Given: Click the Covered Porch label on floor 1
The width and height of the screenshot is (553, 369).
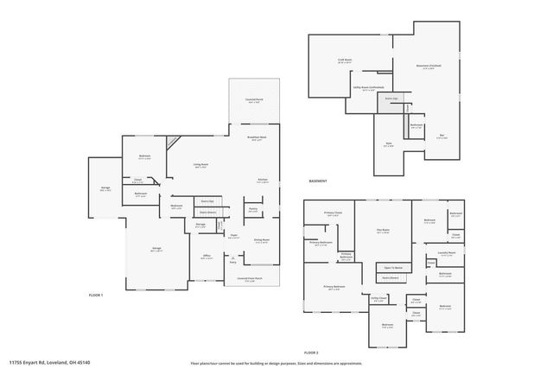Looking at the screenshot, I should [x=253, y=100].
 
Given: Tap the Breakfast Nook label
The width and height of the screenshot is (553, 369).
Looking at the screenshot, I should [x=257, y=138].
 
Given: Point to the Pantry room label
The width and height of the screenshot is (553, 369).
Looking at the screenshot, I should [x=254, y=208].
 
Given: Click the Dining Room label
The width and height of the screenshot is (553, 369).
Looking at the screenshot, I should [x=262, y=239].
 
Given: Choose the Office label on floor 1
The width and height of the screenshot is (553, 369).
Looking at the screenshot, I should [x=207, y=257].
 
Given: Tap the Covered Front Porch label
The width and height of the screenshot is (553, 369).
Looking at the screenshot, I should [x=251, y=278].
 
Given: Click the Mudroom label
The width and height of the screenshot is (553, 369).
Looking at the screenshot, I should [x=175, y=207].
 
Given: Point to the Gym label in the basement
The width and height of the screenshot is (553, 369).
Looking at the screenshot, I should [x=388, y=145].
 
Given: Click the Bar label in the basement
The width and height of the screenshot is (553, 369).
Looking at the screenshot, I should [x=442, y=137].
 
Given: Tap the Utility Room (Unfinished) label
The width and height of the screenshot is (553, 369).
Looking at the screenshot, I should [x=368, y=87].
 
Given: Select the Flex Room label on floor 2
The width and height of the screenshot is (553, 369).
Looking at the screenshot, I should [x=383, y=230].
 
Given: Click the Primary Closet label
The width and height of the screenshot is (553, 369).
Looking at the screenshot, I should [x=333, y=213].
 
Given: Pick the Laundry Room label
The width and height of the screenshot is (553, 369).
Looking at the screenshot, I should [x=447, y=252].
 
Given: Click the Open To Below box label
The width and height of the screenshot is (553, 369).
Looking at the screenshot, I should [x=393, y=267].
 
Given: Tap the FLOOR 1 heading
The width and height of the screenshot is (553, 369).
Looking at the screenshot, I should [x=96, y=296].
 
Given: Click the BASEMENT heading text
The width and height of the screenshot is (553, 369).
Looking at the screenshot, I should [x=318, y=181].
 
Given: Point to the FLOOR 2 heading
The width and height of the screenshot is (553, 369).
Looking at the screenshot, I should [x=311, y=353].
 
